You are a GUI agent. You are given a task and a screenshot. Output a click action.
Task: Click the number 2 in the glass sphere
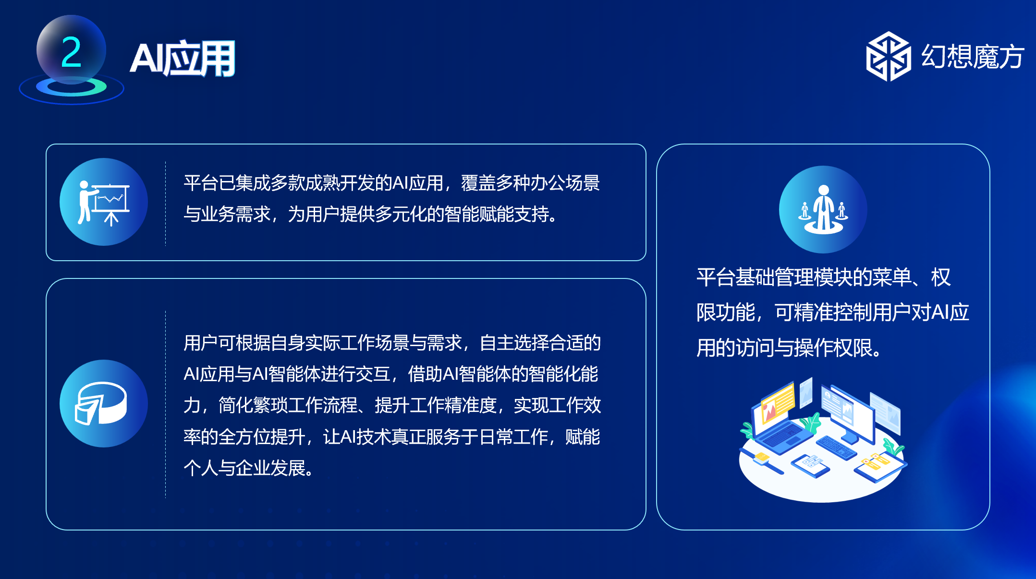71,52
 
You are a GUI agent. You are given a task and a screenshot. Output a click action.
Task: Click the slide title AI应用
183,59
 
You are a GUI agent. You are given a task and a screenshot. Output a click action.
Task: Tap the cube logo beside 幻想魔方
888,56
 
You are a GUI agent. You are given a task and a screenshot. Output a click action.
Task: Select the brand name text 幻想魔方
973,57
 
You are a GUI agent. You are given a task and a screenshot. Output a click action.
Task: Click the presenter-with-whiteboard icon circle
104,202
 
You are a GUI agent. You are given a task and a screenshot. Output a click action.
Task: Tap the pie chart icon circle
104,403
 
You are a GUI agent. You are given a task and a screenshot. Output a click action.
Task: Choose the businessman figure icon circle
823,209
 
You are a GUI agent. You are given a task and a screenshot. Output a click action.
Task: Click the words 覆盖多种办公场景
530,183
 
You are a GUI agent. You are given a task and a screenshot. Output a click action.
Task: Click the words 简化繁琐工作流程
288,405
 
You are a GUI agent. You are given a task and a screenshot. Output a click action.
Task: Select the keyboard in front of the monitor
836,447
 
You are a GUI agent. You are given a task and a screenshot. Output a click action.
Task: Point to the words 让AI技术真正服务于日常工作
435,436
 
